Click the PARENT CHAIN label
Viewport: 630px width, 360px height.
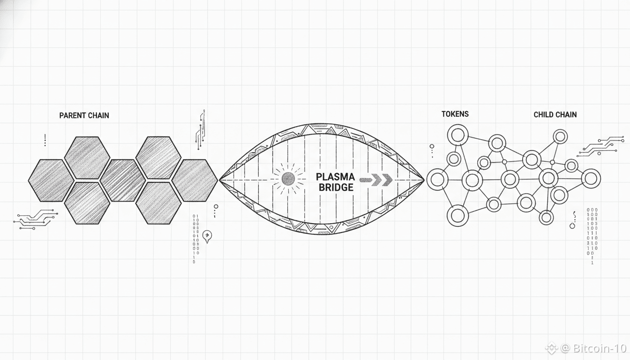click(x=84, y=115)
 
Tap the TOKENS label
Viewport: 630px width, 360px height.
click(x=455, y=114)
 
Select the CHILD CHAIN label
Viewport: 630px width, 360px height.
click(x=555, y=114)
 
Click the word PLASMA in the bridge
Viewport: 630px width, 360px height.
click(x=335, y=177)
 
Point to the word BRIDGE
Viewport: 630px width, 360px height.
click(x=336, y=187)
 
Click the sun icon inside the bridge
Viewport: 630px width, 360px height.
click(x=288, y=179)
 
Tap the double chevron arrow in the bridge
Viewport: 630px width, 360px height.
click(x=380, y=180)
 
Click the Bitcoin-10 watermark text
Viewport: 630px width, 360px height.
click(x=590, y=348)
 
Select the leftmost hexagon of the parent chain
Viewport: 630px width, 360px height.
click(x=51, y=180)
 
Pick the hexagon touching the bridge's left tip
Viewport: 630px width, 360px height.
click(x=195, y=180)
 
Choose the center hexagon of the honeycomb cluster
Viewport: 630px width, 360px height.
click(x=123, y=180)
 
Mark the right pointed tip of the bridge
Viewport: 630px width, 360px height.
click(x=423, y=180)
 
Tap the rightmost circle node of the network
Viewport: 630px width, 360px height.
click(x=591, y=178)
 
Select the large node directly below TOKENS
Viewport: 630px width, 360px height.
click(x=457, y=135)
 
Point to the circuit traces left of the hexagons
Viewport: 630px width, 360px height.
click(x=36, y=219)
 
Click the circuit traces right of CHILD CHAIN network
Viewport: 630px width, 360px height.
click(x=601, y=145)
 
